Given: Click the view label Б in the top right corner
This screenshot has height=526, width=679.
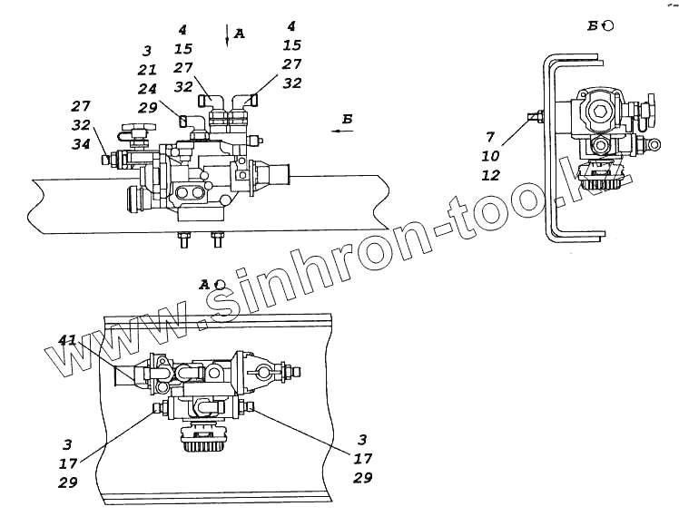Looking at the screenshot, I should click(593, 25).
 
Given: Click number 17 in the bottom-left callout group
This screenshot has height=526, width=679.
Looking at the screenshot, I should click(67, 463).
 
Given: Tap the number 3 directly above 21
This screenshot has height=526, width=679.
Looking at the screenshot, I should click(147, 52).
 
